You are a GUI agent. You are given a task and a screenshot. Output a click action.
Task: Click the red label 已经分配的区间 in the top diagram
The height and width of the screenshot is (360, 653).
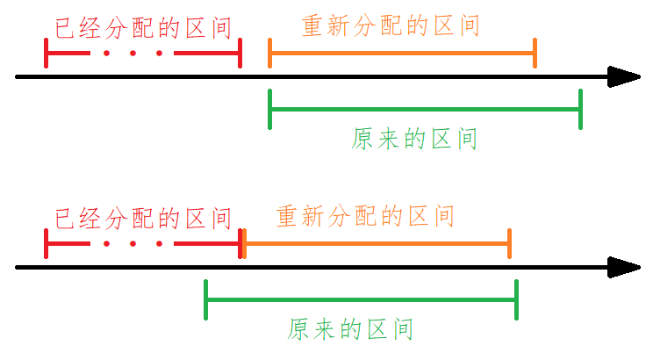pyautogui.click(x=143, y=28)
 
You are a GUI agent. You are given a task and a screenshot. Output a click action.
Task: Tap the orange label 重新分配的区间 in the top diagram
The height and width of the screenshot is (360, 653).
pyautogui.click(x=391, y=25)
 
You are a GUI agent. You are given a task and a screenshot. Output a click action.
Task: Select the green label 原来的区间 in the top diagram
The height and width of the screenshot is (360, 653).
pyautogui.click(x=414, y=139)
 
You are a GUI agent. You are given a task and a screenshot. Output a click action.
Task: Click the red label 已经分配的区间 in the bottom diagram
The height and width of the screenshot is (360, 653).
pyautogui.click(x=143, y=217)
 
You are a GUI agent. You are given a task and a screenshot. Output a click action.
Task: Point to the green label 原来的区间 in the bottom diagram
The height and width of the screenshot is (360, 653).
pyautogui.click(x=350, y=329)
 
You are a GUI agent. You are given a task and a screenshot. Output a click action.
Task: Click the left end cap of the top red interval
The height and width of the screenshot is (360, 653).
pyautogui.click(x=46, y=54)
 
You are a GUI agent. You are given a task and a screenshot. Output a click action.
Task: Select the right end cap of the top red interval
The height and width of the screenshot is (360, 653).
pyautogui.click(x=240, y=54)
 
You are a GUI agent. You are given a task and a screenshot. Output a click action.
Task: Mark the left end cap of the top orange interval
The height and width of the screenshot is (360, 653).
pyautogui.click(x=270, y=54)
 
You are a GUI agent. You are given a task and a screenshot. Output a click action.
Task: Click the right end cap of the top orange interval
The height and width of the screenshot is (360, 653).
pyautogui.click(x=535, y=54)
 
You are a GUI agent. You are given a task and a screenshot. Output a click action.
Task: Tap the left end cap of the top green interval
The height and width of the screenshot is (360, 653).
pyautogui.click(x=270, y=109)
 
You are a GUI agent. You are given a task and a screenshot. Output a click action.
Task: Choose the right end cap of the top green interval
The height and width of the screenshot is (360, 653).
pyautogui.click(x=580, y=109)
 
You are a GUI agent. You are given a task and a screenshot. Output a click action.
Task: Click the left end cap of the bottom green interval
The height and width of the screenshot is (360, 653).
pyautogui.click(x=205, y=299)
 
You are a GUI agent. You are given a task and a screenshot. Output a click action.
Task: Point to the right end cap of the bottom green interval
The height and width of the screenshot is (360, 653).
pyautogui.click(x=516, y=299)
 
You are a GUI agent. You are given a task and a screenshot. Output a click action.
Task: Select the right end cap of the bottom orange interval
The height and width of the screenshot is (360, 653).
pyautogui.click(x=510, y=243)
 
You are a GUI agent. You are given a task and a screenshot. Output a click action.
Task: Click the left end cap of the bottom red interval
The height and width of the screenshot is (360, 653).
pyautogui.click(x=46, y=243)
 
